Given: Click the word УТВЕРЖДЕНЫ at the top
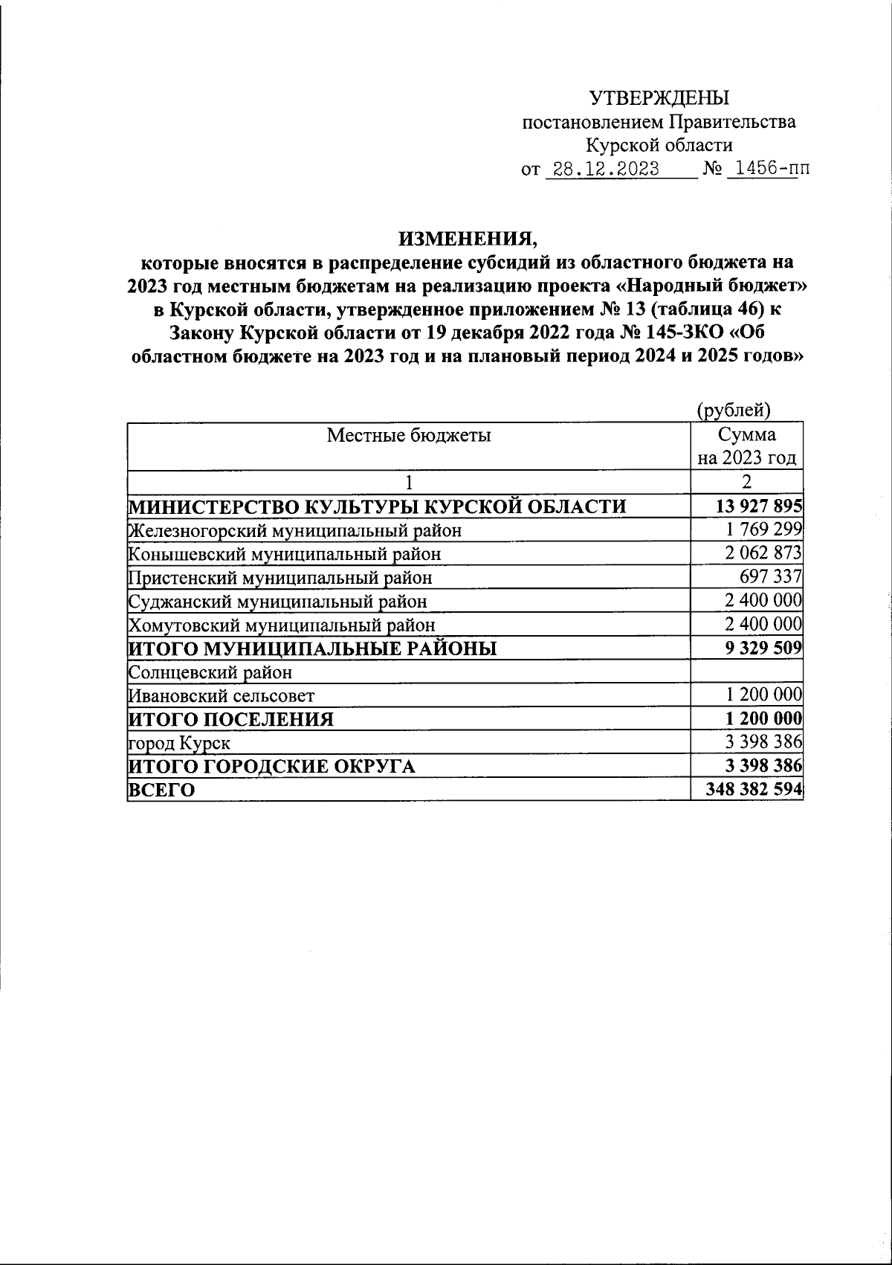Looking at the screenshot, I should pyautogui.click(x=659, y=98).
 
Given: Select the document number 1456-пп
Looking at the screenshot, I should pyautogui.click(x=767, y=170).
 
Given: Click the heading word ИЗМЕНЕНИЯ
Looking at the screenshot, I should pyautogui.click(x=467, y=239).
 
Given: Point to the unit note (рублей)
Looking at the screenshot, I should pyautogui.click(x=733, y=410).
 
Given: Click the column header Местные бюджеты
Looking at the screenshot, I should pyautogui.click(x=409, y=435).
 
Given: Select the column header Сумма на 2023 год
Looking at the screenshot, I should pyautogui.click(x=747, y=446).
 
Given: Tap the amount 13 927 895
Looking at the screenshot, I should pyautogui.click(x=758, y=507).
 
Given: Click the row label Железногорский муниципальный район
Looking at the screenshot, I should pyautogui.click(x=295, y=531).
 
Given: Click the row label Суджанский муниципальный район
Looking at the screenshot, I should pyautogui.click(x=278, y=601).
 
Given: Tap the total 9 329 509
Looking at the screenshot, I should pyautogui.click(x=763, y=648).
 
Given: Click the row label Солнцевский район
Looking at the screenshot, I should pyautogui.click(x=210, y=672).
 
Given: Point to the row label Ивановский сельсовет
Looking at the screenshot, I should pyautogui.click(x=222, y=696).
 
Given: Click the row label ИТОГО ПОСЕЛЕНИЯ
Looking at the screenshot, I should pyautogui.click(x=231, y=719).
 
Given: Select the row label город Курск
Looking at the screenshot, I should pyautogui.click(x=179, y=743).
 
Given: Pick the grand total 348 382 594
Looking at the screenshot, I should pyautogui.click(x=758, y=790).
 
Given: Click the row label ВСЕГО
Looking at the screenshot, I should pyautogui.click(x=161, y=790).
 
